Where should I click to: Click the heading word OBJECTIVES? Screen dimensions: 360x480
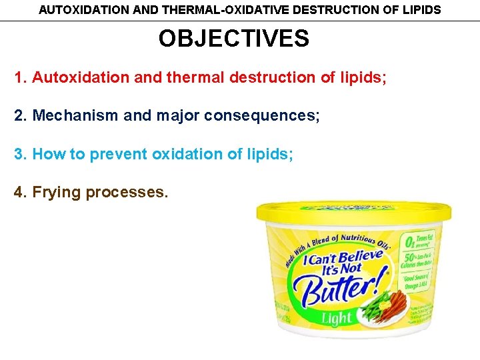pos(234,39)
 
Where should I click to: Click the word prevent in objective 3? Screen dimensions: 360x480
pos(119,154)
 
